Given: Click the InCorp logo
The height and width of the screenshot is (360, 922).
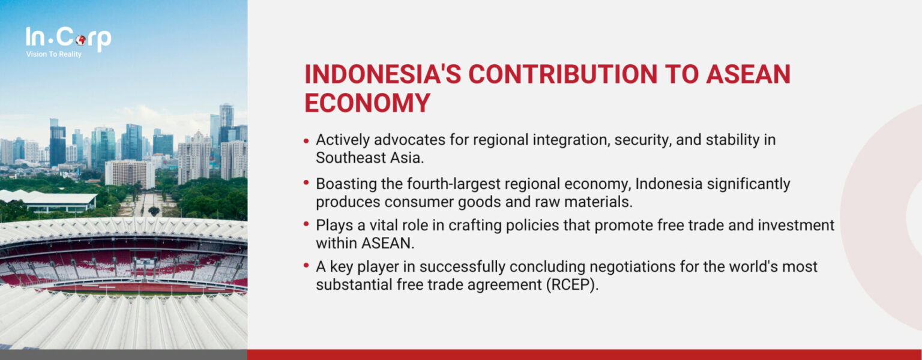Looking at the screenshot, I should tap(68, 39).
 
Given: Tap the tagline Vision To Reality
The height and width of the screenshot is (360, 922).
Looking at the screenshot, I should tap(54, 55).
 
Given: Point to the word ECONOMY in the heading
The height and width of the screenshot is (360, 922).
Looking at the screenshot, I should tap(367, 103).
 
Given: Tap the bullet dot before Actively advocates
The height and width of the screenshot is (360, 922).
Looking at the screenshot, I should tap(307, 141).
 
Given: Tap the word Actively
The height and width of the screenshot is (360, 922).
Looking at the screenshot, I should tap(340, 140).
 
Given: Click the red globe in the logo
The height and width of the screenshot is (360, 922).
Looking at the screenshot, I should tap(80, 40).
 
